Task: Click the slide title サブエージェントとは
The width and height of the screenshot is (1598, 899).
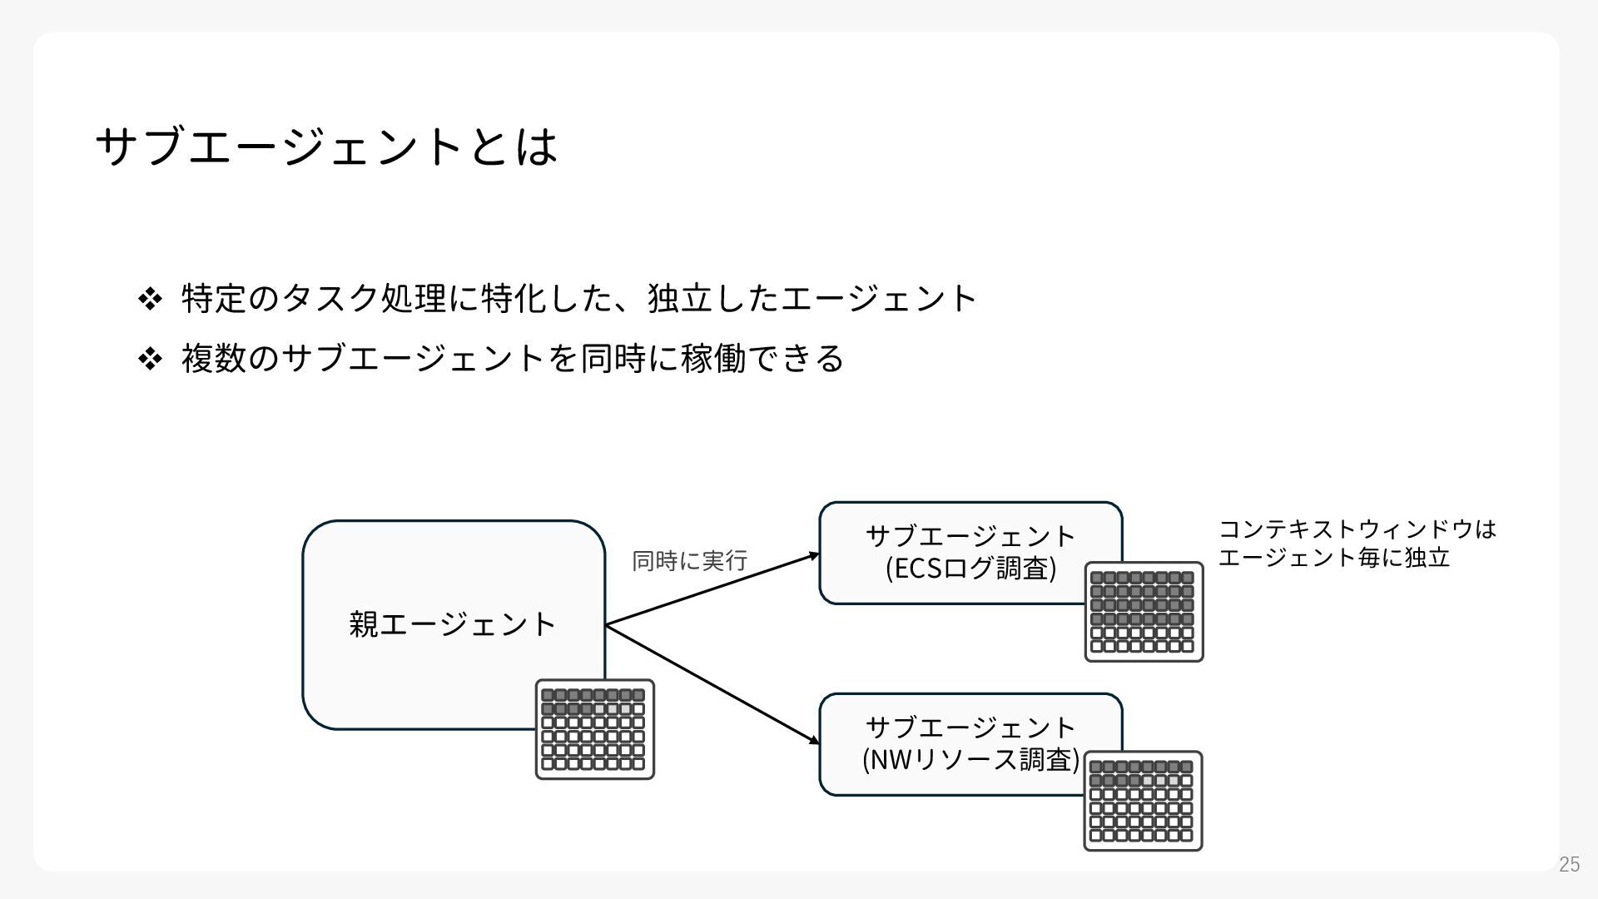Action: pos(326,147)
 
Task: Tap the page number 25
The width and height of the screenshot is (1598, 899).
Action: pos(1569,864)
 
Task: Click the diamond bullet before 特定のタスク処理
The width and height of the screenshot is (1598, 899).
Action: pos(150,298)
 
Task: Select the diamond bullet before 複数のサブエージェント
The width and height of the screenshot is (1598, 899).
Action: pos(150,359)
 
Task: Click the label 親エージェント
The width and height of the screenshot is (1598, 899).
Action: pos(452,623)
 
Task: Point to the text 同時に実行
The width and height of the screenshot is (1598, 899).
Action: pos(689,560)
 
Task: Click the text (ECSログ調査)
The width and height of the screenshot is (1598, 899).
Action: pos(970,569)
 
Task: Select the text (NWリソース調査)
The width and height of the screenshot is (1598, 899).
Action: pos(970,759)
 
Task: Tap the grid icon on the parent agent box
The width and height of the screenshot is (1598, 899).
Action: pos(594,729)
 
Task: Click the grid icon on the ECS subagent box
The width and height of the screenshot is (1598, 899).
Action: pos(1144,612)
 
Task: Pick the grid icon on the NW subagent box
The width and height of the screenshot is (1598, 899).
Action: pos(1143,801)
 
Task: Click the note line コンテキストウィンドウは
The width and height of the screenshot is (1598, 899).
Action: pos(1357,529)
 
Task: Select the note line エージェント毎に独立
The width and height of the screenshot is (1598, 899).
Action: pos(1334,557)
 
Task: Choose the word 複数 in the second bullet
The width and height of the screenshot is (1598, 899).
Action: pos(214,359)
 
